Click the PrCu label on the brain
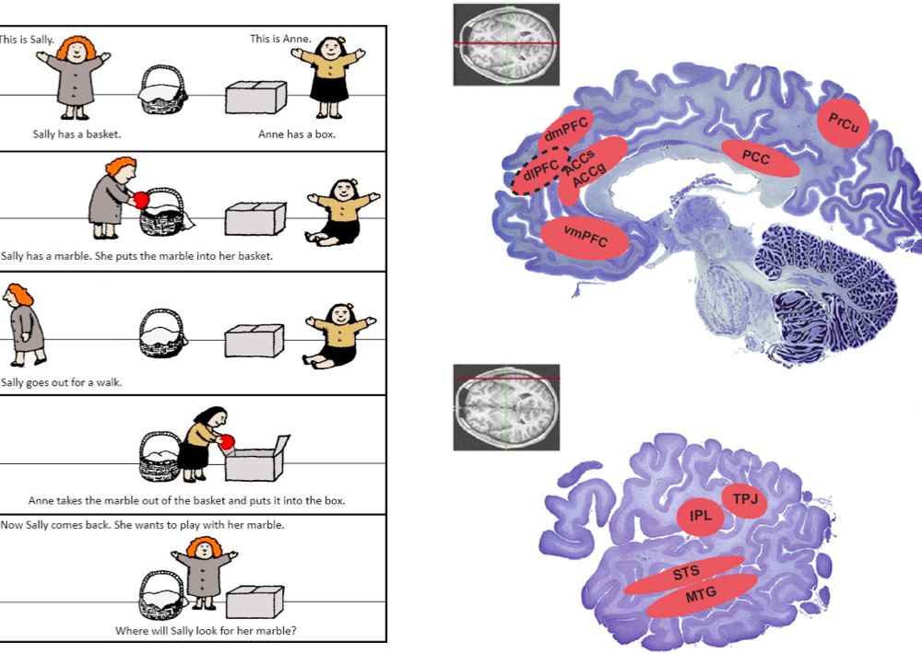(843, 123)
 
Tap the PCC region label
(756, 158)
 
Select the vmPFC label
(585, 241)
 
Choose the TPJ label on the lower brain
(745, 499)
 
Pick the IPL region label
(701, 516)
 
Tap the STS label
(685, 574)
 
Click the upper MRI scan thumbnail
(506, 44)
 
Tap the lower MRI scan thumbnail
(506, 406)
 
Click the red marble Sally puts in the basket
(142, 200)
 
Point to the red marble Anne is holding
(227, 443)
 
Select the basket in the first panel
(162, 89)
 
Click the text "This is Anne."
(280, 39)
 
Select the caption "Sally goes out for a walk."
(62, 382)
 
